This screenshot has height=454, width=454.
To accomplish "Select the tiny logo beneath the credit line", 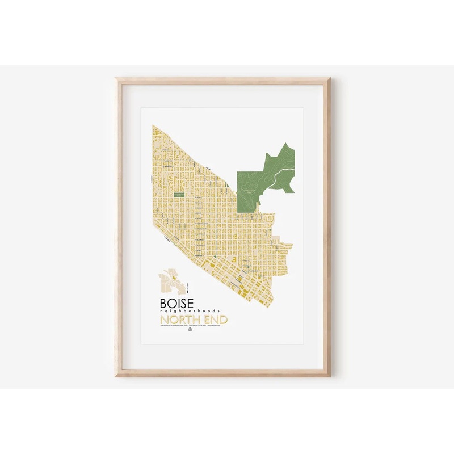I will pos(190,334).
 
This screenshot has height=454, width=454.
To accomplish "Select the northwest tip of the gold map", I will pos(154,125).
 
